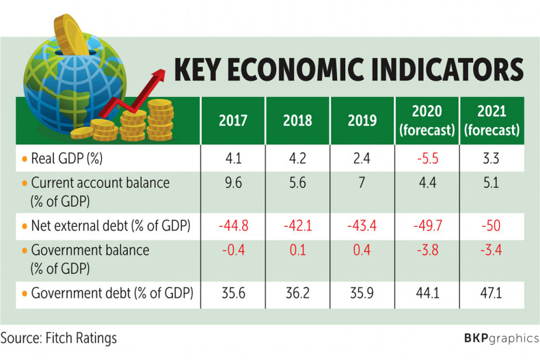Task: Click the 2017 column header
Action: click(x=232, y=121)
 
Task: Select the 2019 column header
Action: click(x=362, y=121)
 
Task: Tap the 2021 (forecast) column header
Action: click(x=490, y=120)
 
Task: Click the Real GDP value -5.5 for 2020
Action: click(x=427, y=158)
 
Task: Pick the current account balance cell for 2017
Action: click(x=232, y=183)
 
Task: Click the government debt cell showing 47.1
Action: click(x=490, y=294)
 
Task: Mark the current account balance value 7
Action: click(x=362, y=183)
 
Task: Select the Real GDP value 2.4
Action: click(x=362, y=158)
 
